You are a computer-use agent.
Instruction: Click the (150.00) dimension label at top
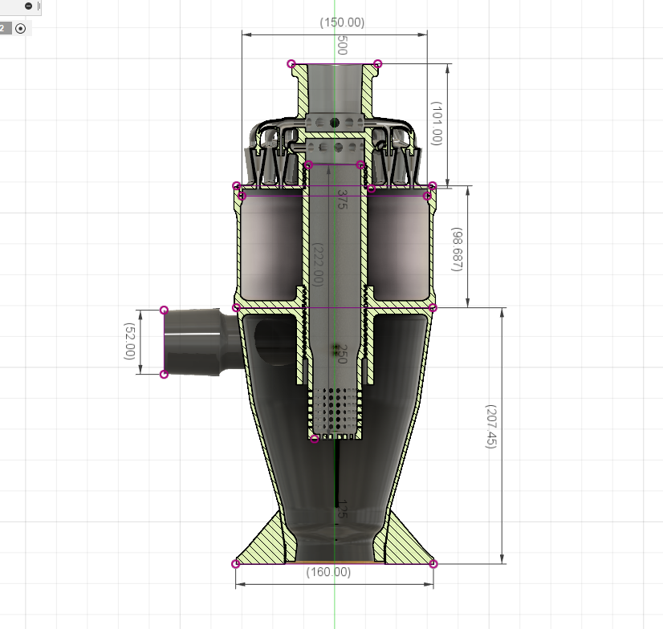(x=342, y=22)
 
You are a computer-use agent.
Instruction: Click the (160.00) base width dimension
(x=329, y=572)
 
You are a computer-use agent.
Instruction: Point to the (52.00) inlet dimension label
(x=128, y=342)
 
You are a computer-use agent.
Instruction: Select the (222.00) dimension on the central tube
(x=319, y=265)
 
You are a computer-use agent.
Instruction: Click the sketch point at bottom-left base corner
(x=236, y=564)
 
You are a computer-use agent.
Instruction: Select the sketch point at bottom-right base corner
(x=433, y=564)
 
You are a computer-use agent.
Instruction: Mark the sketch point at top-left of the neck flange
(x=291, y=64)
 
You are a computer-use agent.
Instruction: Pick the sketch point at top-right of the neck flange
(x=378, y=64)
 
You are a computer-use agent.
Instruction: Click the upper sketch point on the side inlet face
(x=165, y=310)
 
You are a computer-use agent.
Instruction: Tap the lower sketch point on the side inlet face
(x=165, y=374)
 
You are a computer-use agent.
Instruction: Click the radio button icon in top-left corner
(x=21, y=28)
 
